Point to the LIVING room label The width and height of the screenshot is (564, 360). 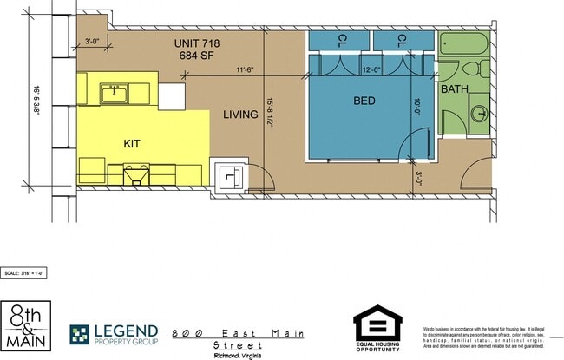pos(239,115)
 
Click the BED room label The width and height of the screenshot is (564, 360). pos(364,101)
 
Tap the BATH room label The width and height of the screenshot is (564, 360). pos(455,89)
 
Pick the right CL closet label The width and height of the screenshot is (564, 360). pos(402,40)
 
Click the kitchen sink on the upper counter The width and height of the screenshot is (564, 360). pos(115,92)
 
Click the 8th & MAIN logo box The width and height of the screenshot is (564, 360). pos(25,324)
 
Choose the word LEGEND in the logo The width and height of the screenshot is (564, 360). pos(127,331)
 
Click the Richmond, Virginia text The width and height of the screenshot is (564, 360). pos(238,355)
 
